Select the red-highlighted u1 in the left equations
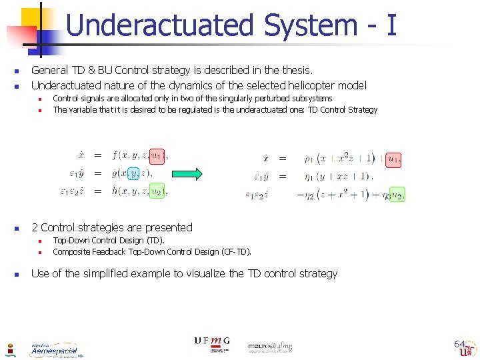(x=157, y=156)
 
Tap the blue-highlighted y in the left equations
(x=133, y=173)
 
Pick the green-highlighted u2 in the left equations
(x=157, y=191)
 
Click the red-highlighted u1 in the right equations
(x=394, y=159)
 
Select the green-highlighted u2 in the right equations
(x=397, y=195)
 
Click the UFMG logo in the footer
(x=212, y=341)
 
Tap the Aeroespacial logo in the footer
(x=53, y=350)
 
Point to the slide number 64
(x=459, y=344)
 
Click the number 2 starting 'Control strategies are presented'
(x=35, y=227)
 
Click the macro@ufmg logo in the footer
(x=270, y=346)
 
